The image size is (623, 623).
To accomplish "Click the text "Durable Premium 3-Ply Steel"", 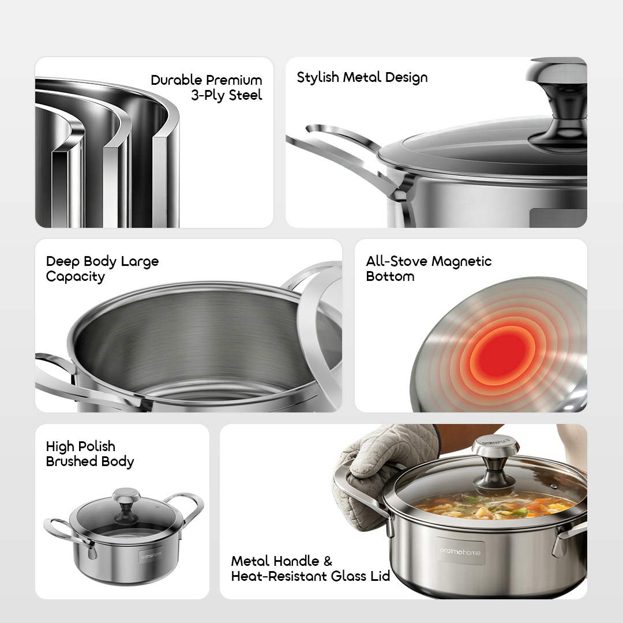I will (207, 88).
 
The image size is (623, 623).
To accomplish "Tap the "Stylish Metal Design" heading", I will (362, 77).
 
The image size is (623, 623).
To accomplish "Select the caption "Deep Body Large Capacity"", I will (102, 269).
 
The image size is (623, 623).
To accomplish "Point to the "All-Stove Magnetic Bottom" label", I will (429, 269).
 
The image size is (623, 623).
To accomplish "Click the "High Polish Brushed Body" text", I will (89, 454).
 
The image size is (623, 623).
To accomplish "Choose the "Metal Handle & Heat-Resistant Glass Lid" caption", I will (310, 568).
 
